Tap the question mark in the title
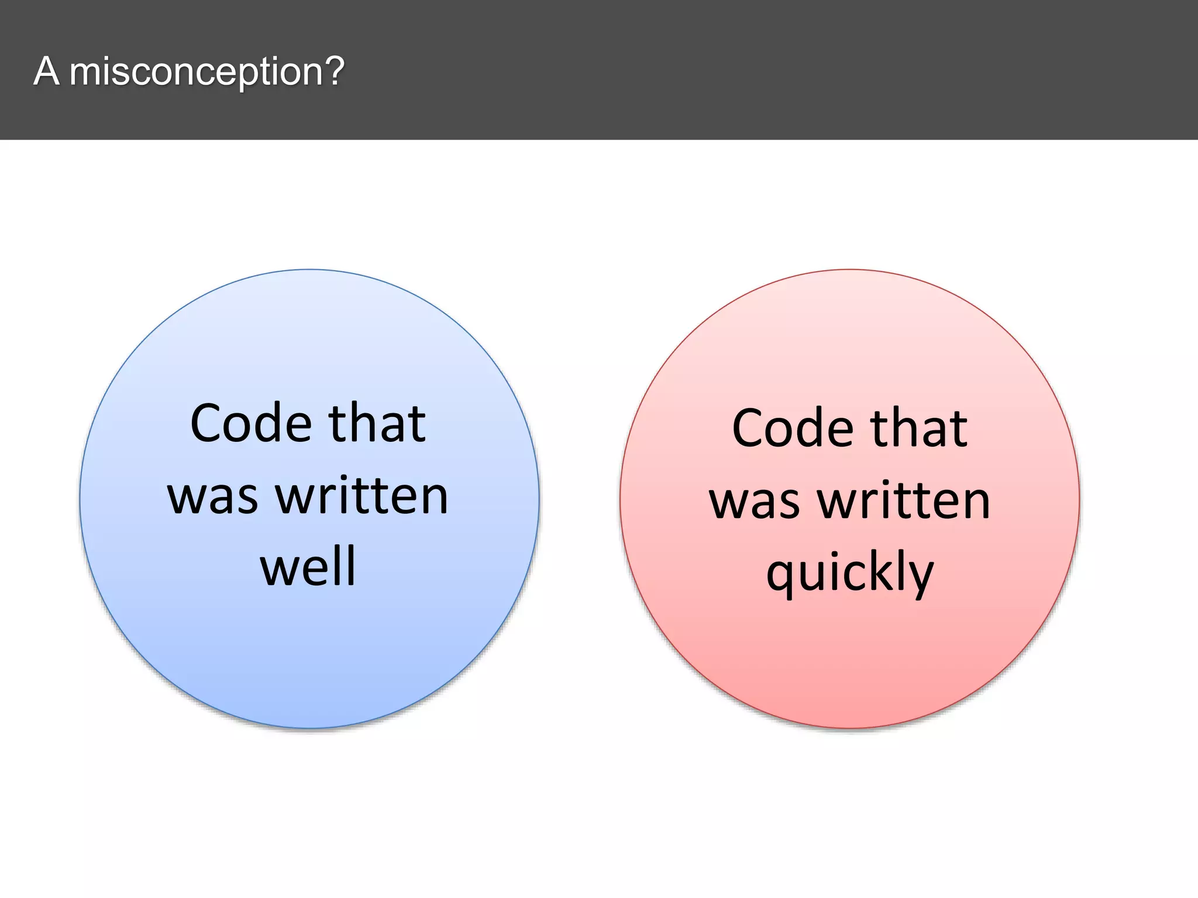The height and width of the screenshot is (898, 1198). pyautogui.click(x=334, y=71)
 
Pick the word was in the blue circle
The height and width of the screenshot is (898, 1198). pyautogui.click(x=212, y=497)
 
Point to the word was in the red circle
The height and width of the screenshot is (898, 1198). pyautogui.click(x=754, y=502)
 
